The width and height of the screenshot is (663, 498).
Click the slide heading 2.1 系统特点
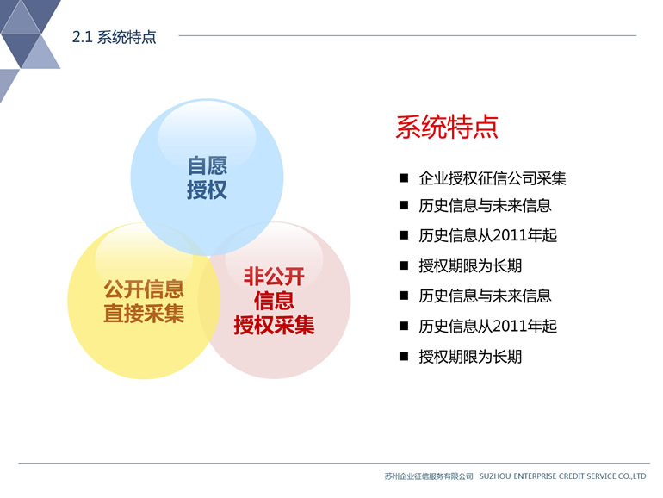click(x=115, y=37)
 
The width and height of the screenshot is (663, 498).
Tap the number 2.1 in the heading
click(x=82, y=37)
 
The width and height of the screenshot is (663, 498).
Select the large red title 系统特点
click(x=447, y=127)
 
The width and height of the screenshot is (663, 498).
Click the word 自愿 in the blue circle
click(x=208, y=165)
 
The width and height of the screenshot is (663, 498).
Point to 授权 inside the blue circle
click(x=208, y=190)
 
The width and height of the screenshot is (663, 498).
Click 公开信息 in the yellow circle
click(x=144, y=289)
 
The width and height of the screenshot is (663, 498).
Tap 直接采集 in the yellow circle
click(x=144, y=314)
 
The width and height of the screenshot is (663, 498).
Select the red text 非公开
click(x=274, y=277)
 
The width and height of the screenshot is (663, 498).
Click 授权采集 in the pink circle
click(x=274, y=326)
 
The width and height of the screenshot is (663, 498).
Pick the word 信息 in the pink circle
click(x=274, y=301)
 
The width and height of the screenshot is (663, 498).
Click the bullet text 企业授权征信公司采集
click(x=493, y=178)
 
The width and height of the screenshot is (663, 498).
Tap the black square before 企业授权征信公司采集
click(x=404, y=177)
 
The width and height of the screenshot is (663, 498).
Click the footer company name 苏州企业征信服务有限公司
click(x=429, y=476)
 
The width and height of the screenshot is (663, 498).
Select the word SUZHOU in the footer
click(x=495, y=476)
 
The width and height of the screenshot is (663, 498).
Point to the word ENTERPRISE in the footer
click(x=535, y=476)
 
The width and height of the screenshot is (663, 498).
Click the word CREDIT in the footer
click(x=571, y=476)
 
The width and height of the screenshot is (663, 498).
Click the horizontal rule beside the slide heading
click(x=407, y=35)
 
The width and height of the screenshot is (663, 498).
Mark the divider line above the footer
click(x=334, y=464)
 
